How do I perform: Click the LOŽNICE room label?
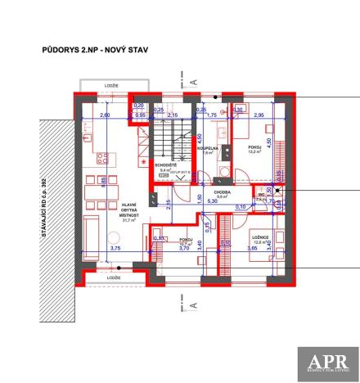pyautogui.click(x=259, y=237)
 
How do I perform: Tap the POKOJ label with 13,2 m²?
pyautogui.click(x=254, y=148)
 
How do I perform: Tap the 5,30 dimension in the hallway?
pyautogui.click(x=212, y=201)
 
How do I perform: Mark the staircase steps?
pyautogui.click(x=172, y=137)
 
